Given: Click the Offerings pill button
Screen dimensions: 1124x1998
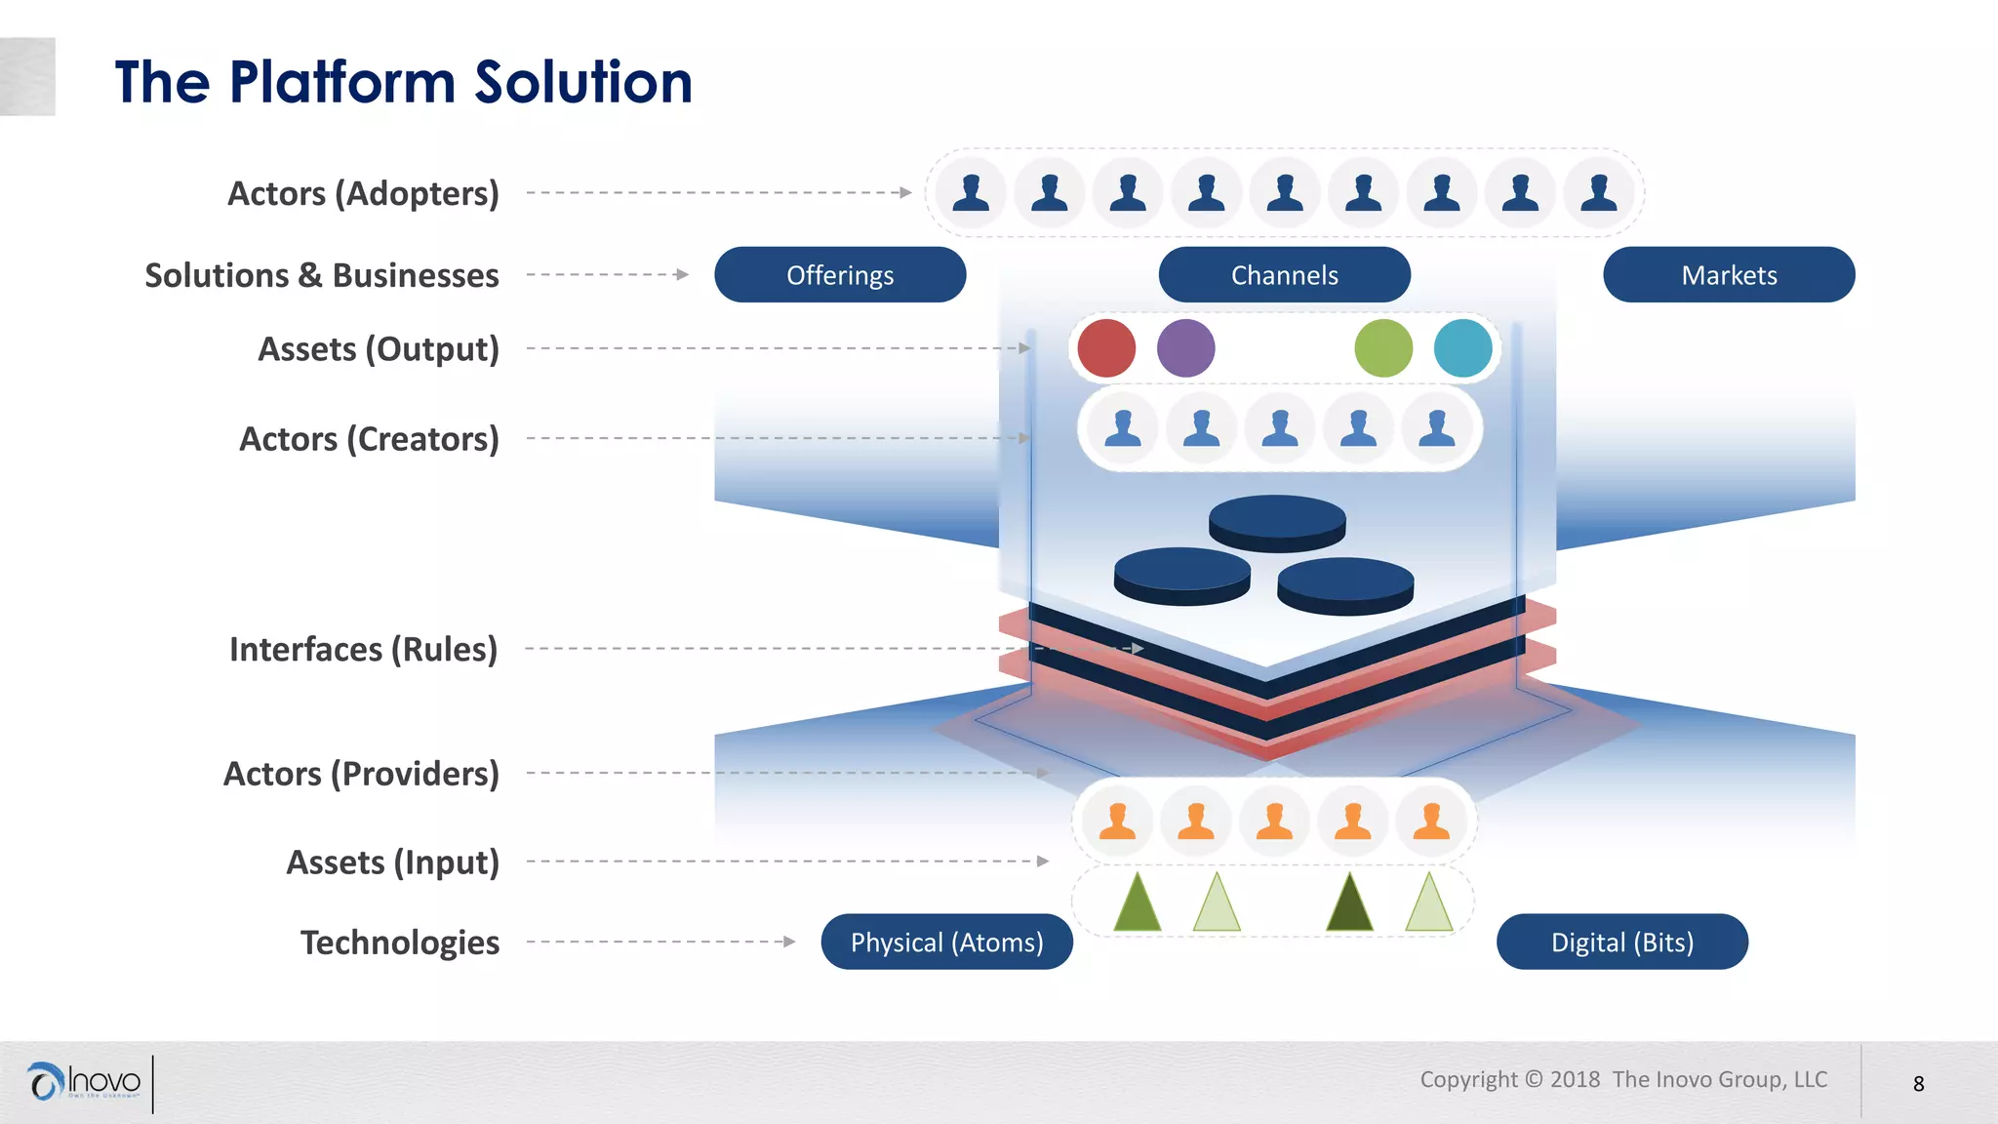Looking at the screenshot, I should coord(840,275).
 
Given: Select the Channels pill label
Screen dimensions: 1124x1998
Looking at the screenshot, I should coord(1284,275).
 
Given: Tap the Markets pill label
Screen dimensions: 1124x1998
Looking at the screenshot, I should coord(1729,275).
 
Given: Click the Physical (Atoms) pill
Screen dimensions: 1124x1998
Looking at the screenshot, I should coord(946,943).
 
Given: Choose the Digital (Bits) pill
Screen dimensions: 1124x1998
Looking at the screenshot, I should coord(1621,943).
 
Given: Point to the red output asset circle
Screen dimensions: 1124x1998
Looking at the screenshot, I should coord(1106,348).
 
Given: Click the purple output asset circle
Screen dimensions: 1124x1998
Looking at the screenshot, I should coord(1185,348).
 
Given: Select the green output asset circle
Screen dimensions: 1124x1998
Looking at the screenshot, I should coord(1383,348).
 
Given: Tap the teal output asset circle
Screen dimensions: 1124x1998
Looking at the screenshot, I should coord(1462,348).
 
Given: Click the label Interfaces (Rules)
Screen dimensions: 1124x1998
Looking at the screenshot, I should coord(363,649).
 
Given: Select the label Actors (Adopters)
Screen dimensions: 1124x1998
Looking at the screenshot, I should coord(363,193).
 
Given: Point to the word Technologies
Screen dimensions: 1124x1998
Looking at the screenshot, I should coord(400,943).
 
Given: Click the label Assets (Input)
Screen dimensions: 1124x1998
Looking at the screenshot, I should coord(392,863).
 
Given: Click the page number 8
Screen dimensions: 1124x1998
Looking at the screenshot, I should coord(1918,1084).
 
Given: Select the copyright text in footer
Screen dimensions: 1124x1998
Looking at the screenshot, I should coord(1623,1079).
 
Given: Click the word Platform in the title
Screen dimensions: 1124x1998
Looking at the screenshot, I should coord(342,82).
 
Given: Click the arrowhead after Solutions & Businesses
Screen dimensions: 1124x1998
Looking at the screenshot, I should coord(682,275).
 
